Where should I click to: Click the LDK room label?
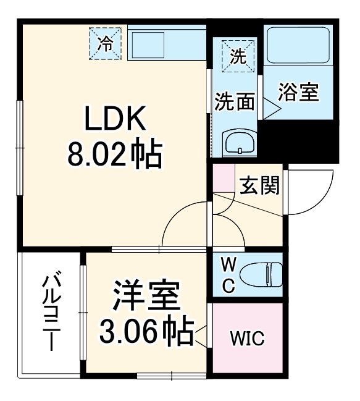[115, 119]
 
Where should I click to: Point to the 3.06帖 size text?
[146, 332]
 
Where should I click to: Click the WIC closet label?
[247, 339]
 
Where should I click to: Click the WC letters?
[228, 275]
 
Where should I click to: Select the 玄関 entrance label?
[259, 185]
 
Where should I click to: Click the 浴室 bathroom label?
[298, 93]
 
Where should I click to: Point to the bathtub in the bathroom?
[299, 46]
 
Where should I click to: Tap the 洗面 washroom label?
[235, 102]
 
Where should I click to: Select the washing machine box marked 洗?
[238, 56]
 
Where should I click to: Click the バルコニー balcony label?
[51, 313]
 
